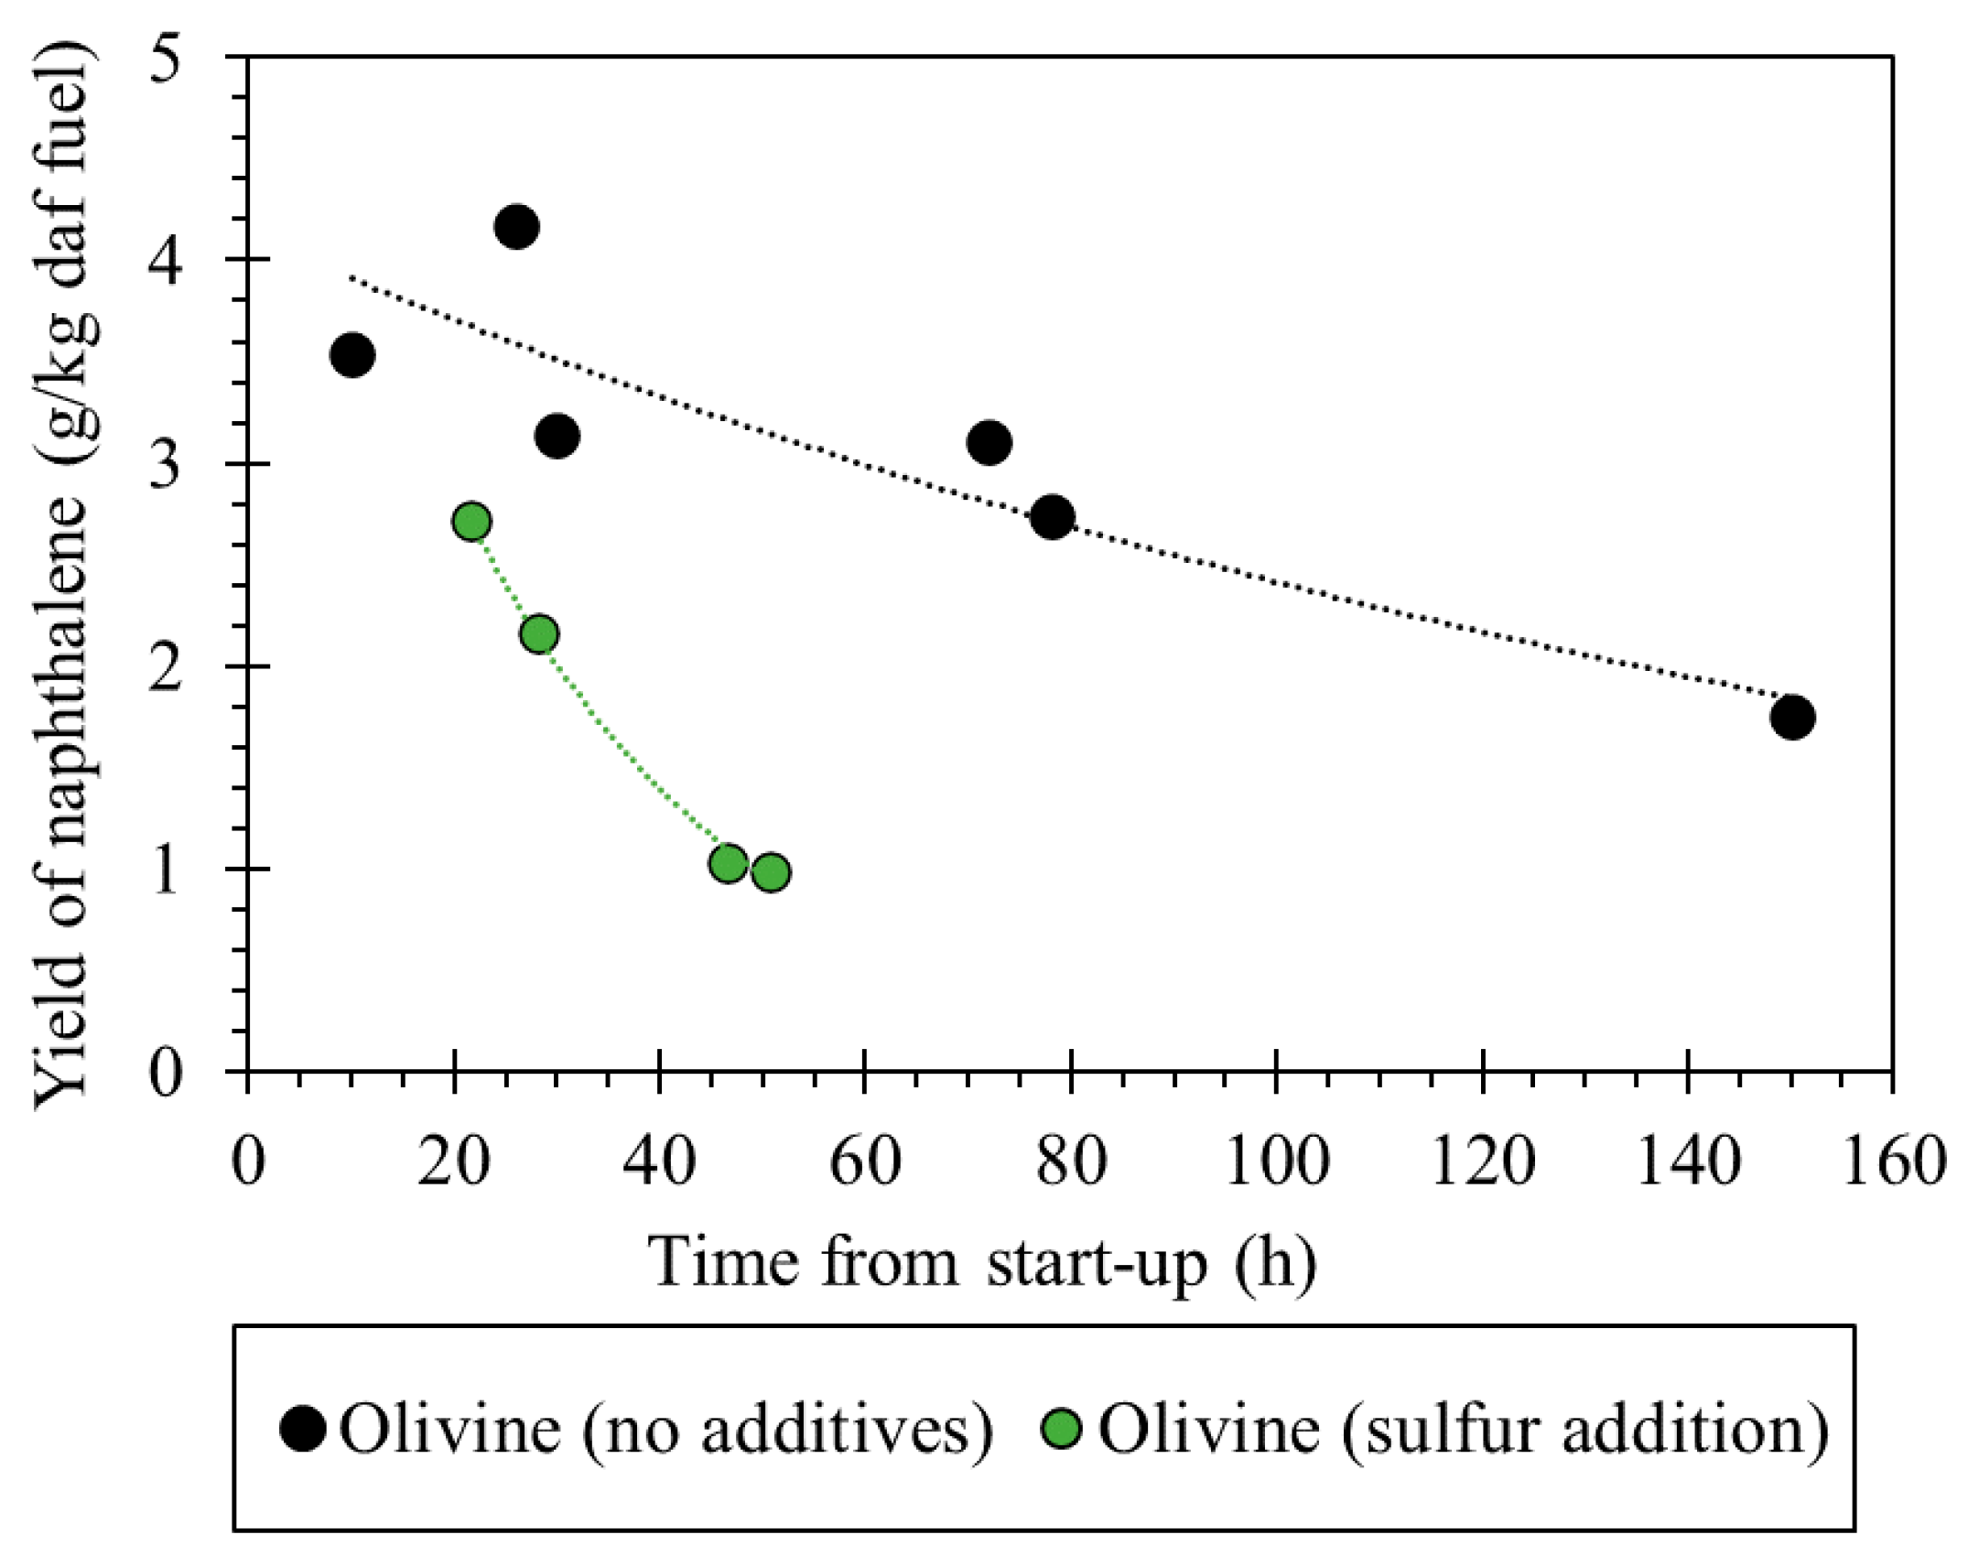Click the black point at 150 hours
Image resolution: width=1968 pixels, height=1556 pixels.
point(1791,717)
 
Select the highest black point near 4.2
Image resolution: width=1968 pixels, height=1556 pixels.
point(516,226)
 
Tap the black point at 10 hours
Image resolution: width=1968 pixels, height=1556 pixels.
point(351,354)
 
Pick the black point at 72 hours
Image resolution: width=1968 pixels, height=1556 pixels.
point(989,443)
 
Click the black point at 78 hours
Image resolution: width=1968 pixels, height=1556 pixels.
point(1052,518)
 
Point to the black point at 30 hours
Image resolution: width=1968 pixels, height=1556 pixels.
point(557,436)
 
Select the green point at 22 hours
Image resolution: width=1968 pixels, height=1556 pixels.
point(471,522)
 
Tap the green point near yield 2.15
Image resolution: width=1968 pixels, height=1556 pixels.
point(539,633)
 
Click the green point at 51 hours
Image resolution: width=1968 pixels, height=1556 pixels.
point(771,872)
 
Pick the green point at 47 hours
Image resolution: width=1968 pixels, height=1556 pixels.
point(728,862)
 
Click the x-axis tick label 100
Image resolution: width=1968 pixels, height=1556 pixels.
point(1276,1162)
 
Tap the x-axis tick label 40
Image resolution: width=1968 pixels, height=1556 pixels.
point(659,1162)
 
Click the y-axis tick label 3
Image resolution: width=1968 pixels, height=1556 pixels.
point(166,464)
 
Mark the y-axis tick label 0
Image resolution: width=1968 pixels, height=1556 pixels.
point(166,1072)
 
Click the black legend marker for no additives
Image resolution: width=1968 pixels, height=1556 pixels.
point(302,1429)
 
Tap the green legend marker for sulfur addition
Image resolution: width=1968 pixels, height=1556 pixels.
point(1062,1429)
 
